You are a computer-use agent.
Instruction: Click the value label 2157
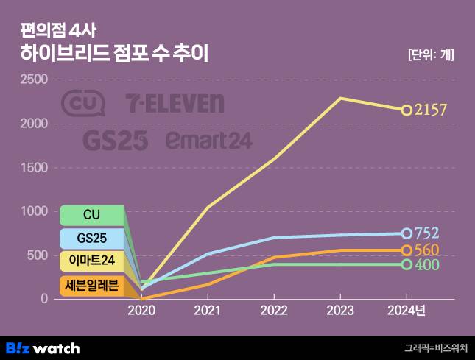tap(431, 110)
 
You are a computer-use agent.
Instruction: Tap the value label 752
tap(427, 233)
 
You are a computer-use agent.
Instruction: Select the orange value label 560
tap(427, 250)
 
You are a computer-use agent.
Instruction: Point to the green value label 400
tap(427, 264)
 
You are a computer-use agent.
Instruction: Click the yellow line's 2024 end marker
tap(407, 110)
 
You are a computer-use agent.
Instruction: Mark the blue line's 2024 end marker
tap(407, 233)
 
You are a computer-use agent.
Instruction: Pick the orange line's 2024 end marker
tap(407, 250)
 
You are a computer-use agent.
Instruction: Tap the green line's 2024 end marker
tap(407, 264)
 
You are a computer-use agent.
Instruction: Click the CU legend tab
tap(91, 215)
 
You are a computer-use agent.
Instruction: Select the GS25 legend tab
tap(91, 239)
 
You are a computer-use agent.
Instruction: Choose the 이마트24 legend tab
tap(91, 262)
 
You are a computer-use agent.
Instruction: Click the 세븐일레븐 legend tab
tap(91, 286)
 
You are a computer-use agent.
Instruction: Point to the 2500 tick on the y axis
tap(33, 80)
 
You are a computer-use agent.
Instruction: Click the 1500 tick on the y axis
tap(33, 168)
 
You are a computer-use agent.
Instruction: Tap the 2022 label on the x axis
tap(273, 312)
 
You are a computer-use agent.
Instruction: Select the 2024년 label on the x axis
tap(407, 312)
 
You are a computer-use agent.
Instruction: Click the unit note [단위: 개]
tap(430, 54)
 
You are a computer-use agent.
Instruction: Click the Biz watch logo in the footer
tap(43, 347)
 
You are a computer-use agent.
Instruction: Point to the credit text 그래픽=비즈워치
tap(435, 348)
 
